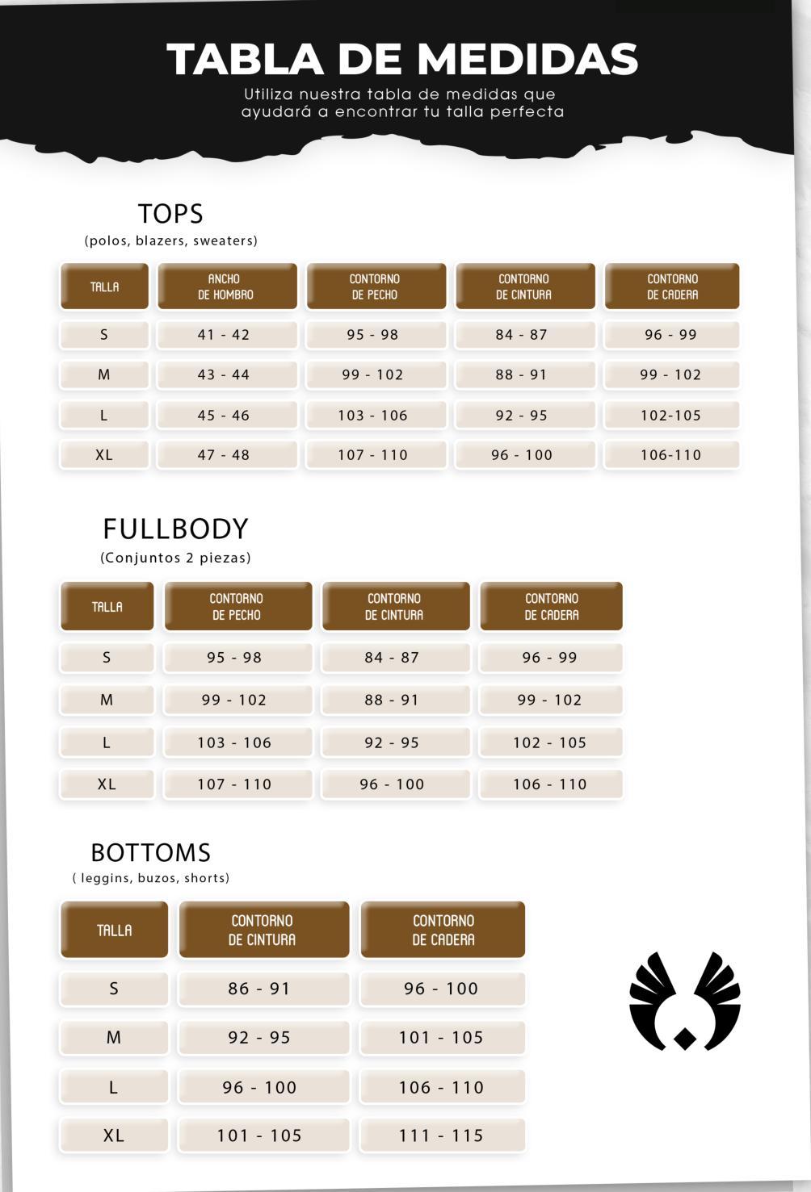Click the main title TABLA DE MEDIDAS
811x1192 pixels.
(402, 59)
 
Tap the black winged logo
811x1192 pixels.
(684, 1002)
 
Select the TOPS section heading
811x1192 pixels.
(170, 214)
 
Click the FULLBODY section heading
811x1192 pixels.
(175, 529)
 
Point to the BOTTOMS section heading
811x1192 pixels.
(150, 852)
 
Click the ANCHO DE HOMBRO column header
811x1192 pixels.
(226, 286)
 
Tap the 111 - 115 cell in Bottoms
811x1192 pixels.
(441, 1136)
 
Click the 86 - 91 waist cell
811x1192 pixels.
(259, 989)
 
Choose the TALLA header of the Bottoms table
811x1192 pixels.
(114, 931)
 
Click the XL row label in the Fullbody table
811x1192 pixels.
(107, 784)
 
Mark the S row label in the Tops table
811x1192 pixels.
(104, 335)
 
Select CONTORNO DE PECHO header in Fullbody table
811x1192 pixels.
(237, 607)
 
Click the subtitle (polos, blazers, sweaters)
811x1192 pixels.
(171, 240)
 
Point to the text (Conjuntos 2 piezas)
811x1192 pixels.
(175, 558)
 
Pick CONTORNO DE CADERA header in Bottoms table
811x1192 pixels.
(443, 931)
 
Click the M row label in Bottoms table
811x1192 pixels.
(114, 1038)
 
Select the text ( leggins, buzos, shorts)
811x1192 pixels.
(151, 878)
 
